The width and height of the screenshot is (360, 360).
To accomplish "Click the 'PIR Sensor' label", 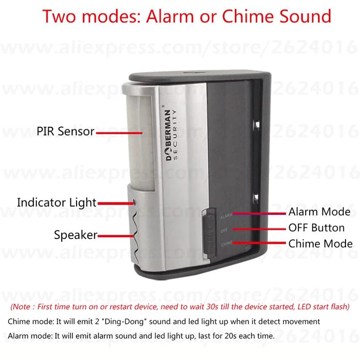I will [x=66, y=132].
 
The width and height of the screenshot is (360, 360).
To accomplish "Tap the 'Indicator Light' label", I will [x=57, y=202].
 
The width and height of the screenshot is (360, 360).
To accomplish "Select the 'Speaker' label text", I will [x=76, y=234].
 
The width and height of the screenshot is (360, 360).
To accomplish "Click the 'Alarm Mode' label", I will [x=319, y=211].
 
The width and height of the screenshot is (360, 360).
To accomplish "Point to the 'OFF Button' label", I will [x=316, y=228].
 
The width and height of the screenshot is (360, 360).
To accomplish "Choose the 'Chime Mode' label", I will [x=320, y=244].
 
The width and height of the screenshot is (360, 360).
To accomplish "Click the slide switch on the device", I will [x=208, y=230].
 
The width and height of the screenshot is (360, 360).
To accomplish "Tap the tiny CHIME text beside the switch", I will [x=226, y=244].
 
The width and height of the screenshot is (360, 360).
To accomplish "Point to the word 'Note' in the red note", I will [x=21, y=307].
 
